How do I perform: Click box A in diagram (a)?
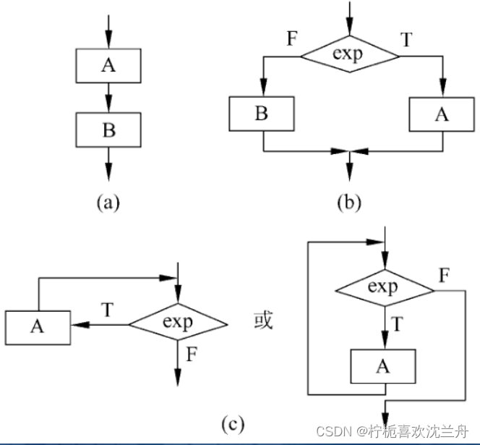click(x=108, y=66)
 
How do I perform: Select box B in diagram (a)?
click(x=108, y=130)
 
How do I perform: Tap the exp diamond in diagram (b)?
click(x=350, y=54)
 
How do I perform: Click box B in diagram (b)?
click(x=262, y=114)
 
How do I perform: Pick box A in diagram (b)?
click(x=442, y=114)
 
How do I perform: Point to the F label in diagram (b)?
click(x=292, y=38)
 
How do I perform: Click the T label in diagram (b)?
click(x=406, y=39)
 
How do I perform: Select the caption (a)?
click(x=108, y=203)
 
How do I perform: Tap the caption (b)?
click(x=349, y=203)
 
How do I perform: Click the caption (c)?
click(x=233, y=424)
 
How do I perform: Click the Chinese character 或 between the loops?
click(x=263, y=321)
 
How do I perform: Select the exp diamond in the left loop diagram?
click(x=178, y=322)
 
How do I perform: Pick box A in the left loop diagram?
click(x=38, y=328)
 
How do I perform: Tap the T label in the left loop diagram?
click(x=108, y=310)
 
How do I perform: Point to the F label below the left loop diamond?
click(x=192, y=354)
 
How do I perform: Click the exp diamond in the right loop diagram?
click(x=385, y=288)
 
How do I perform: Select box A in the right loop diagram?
click(x=383, y=366)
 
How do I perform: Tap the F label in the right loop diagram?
click(x=444, y=275)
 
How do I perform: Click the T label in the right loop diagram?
click(x=397, y=323)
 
